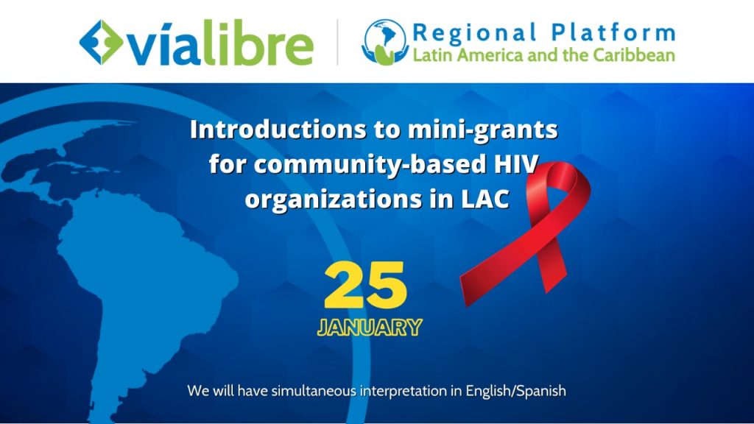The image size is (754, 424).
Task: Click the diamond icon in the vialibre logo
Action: tap(100, 42)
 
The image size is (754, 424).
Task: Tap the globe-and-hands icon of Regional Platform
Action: tap(385, 42)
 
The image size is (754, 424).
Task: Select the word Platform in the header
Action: tap(613, 32)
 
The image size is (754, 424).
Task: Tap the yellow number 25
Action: tap(365, 285)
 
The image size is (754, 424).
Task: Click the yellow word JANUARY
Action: tap(370, 328)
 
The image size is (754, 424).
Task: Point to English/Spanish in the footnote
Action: tap(515, 392)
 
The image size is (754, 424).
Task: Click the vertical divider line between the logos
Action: tap(337, 42)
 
